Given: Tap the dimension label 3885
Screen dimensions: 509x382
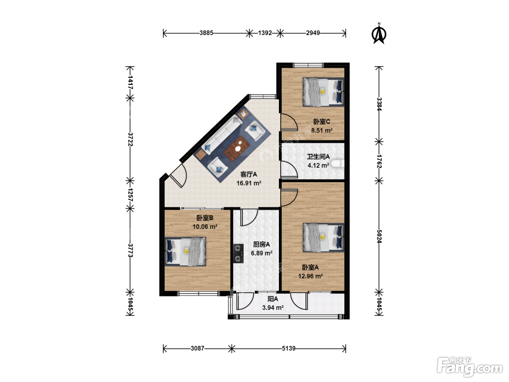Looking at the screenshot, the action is (206, 33).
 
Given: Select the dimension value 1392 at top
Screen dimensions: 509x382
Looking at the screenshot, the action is (265, 33).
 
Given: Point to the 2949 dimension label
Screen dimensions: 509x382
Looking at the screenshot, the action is (313, 33).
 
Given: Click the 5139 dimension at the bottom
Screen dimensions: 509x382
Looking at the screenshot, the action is (288, 349).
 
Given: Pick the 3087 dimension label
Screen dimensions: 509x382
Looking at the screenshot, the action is (197, 349).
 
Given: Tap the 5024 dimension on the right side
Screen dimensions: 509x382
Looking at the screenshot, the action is (379, 236).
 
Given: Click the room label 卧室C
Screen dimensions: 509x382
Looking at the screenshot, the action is (321, 122).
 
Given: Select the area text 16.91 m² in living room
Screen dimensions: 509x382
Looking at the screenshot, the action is (249, 183).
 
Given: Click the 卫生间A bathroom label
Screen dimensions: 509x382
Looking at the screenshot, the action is (318, 157).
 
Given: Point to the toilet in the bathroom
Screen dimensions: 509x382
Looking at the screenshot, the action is (337, 163).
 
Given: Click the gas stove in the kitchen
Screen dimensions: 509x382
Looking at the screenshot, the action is (238, 253).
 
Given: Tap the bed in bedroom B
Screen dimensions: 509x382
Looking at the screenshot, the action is (185, 251).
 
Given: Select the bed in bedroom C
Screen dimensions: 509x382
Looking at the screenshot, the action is (323, 92).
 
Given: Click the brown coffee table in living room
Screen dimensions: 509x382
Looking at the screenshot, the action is (237, 149).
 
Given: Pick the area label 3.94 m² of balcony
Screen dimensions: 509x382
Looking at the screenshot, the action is (273, 308).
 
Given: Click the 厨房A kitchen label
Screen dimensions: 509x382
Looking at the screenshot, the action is (261, 244).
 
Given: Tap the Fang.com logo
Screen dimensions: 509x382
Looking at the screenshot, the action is (469, 367).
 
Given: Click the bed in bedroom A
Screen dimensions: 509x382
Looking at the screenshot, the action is (323, 238).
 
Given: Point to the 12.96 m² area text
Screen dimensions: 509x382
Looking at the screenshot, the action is (310, 276).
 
